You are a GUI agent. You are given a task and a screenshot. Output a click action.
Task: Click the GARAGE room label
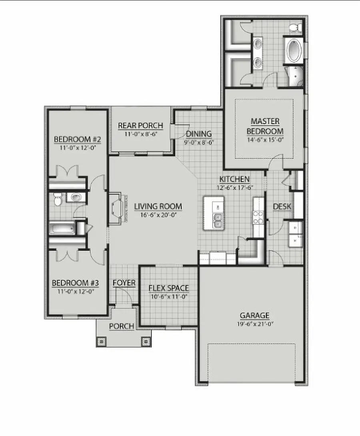coord(254,315)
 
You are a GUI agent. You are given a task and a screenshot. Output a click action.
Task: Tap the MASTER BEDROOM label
coord(265,126)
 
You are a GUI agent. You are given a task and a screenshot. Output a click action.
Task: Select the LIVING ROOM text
coord(158,207)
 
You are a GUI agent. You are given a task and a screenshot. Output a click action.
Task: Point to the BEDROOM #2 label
coord(77,139)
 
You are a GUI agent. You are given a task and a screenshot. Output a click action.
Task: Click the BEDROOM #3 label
coord(76,283)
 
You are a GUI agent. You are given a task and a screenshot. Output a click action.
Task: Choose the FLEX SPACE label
coord(168,288)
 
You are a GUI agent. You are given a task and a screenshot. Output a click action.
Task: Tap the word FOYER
coord(124,283)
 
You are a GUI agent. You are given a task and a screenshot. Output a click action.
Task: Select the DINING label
coord(198,134)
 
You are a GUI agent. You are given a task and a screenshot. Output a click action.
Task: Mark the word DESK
coord(282,207)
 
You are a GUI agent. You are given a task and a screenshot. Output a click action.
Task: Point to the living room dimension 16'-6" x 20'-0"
coord(158,215)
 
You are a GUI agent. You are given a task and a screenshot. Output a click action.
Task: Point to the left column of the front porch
coord(102,342)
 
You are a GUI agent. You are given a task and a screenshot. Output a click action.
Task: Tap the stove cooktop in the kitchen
coord(257,218)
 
